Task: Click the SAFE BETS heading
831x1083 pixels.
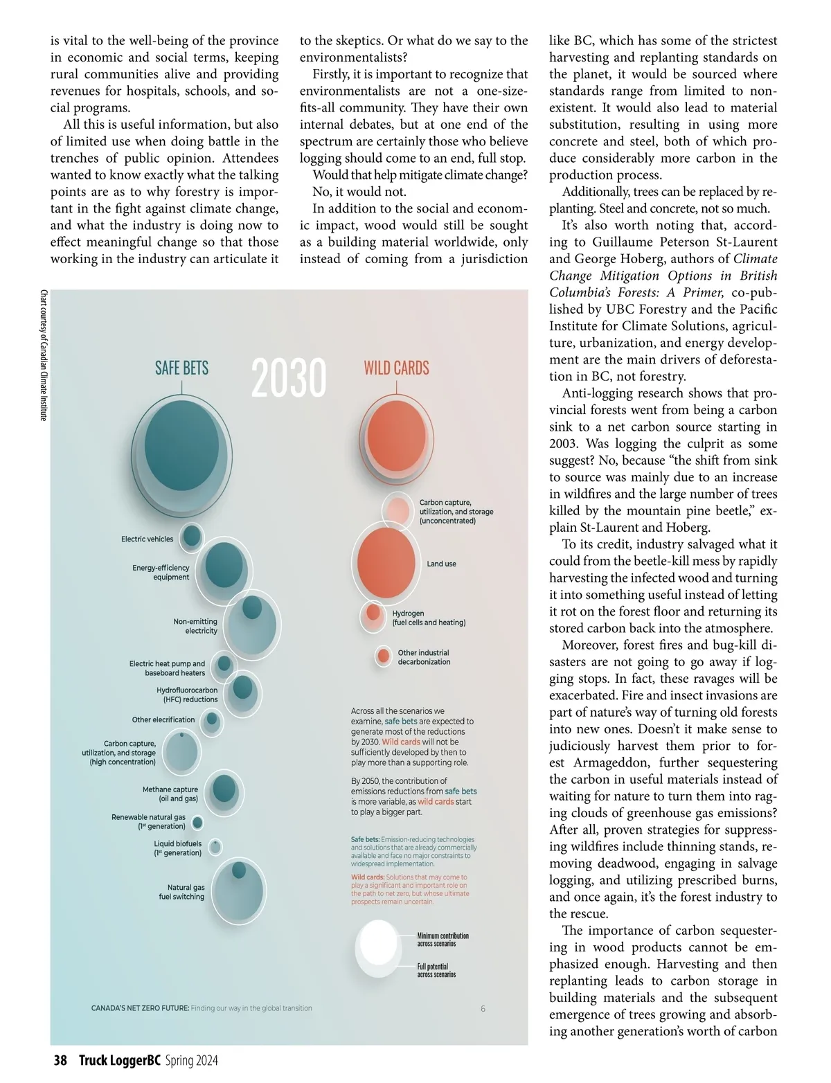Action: pyautogui.click(x=181, y=368)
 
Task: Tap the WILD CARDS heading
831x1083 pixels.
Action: pyautogui.click(x=396, y=368)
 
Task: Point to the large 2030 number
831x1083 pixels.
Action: pyautogui.click(x=288, y=378)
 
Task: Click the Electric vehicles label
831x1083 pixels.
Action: pyautogui.click(x=147, y=539)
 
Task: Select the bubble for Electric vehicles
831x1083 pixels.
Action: pyautogui.click(x=192, y=536)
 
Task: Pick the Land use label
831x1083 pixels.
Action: pyautogui.click(x=441, y=564)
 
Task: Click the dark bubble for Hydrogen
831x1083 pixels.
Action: pyautogui.click(x=373, y=613)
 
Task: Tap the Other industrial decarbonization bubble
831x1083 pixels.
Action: pyautogui.click(x=383, y=656)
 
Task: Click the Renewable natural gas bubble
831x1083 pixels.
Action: pyautogui.click(x=197, y=823)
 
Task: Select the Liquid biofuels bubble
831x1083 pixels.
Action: pyautogui.click(x=215, y=847)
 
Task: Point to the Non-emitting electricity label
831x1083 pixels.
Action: pyautogui.click(x=195, y=626)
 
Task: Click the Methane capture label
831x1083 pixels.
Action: pyautogui.click(x=170, y=794)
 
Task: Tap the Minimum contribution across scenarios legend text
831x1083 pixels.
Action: pyautogui.click(x=443, y=939)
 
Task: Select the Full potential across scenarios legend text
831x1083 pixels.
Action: pyautogui.click(x=436, y=970)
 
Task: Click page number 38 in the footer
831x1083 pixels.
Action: pyautogui.click(x=60, y=1060)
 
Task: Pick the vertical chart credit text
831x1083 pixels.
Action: pyautogui.click(x=44, y=355)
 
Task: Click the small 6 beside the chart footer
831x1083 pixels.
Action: pyautogui.click(x=483, y=1008)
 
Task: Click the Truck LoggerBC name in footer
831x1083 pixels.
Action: pyautogui.click(x=119, y=1060)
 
